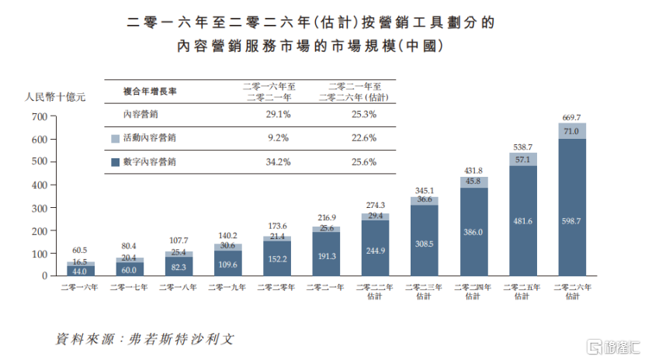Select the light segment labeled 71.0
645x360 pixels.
pos(571,131)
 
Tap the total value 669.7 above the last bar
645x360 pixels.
pos(571,117)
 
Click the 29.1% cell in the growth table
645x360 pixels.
pos(277,114)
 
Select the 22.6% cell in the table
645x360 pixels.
pos(363,137)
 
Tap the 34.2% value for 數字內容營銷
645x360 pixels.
pos(277,161)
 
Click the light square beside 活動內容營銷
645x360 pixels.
pos(115,138)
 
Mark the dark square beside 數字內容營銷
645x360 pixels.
pos(115,162)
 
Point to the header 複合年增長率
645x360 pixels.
pos(150,91)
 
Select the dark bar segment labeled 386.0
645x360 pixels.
pos(473,231)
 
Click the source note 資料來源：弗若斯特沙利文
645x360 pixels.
pos(144,340)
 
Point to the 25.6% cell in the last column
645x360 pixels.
pos(363,161)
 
